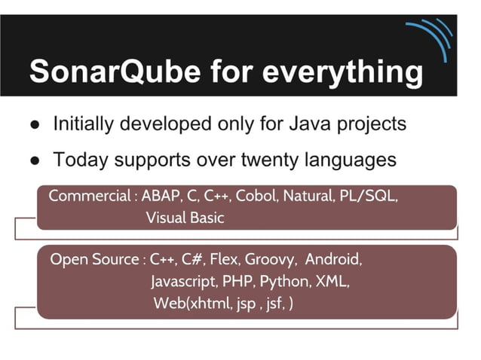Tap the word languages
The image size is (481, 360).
tap(354, 160)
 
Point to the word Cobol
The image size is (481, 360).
tap(255, 196)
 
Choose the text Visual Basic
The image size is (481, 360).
tap(185, 218)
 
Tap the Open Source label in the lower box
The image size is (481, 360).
tap(94, 260)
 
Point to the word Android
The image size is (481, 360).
tap(334, 260)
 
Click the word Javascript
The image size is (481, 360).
tap(183, 282)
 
